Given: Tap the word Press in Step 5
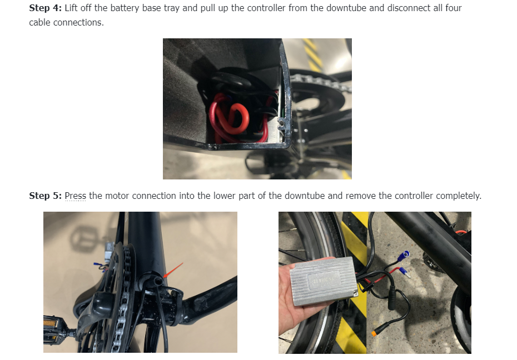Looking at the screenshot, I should pos(75,196).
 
